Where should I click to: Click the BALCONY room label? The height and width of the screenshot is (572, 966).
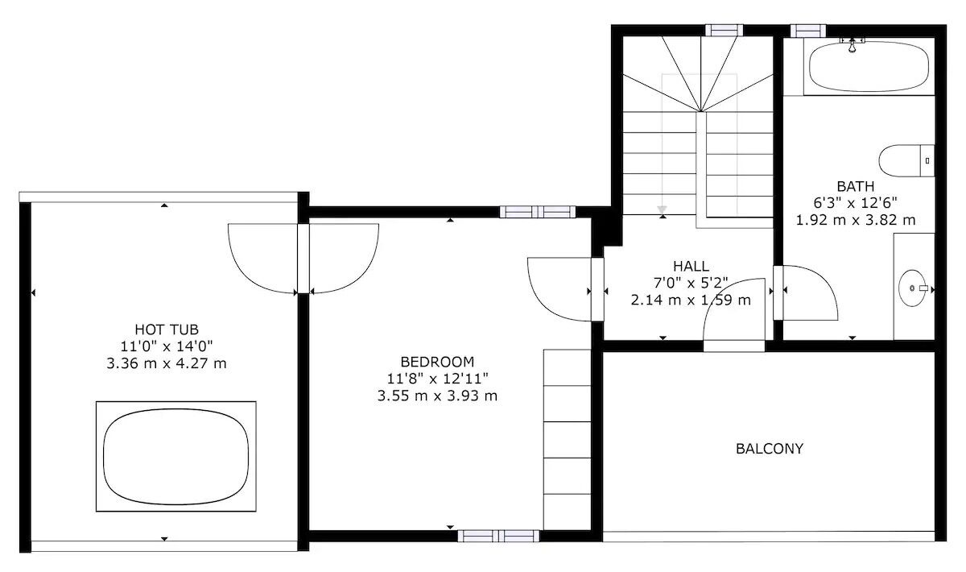(770, 449)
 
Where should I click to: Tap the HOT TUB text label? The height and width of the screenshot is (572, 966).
(167, 330)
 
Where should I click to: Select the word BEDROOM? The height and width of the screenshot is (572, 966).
(437, 362)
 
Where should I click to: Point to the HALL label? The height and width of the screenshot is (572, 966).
(691, 266)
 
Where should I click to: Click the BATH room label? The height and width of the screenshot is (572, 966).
(856, 186)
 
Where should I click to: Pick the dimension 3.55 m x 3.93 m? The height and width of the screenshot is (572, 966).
(437, 396)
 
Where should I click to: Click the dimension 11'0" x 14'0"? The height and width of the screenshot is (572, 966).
(167, 346)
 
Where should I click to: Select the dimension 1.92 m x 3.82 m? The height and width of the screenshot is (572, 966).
(856, 220)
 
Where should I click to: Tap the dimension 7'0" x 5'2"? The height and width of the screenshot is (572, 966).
(691, 283)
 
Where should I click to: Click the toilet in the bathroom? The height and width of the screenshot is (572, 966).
(906, 160)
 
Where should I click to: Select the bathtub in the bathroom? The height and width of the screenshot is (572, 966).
(869, 68)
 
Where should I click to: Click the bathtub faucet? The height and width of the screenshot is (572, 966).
(852, 45)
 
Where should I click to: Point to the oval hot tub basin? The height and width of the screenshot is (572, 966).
(176, 457)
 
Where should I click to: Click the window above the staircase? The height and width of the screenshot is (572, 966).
(724, 31)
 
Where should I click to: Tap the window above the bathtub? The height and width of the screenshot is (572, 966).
(808, 31)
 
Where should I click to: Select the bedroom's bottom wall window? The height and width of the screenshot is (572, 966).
(498, 537)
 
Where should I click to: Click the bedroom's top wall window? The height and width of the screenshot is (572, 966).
(538, 212)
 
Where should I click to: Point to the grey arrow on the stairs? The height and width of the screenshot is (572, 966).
(662, 210)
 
